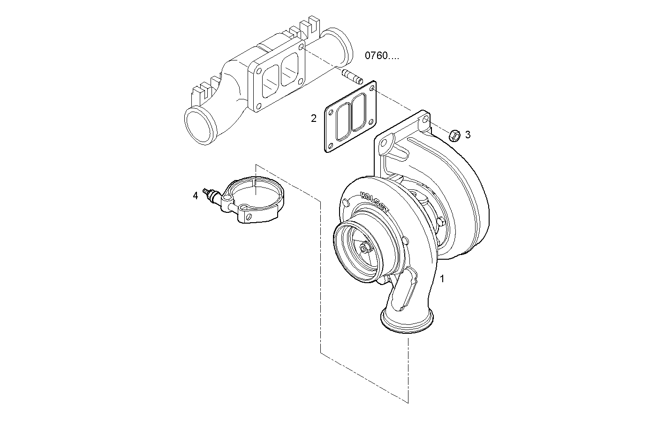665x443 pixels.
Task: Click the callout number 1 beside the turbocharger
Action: click(x=441, y=278)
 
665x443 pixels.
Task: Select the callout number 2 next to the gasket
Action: click(x=314, y=118)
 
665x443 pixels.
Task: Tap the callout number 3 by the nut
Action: click(x=468, y=135)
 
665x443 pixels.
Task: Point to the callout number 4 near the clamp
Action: click(x=196, y=195)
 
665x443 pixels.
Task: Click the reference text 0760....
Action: click(x=382, y=56)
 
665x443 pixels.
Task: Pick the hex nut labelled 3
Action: click(x=454, y=135)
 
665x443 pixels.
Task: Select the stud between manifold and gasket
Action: click(x=353, y=77)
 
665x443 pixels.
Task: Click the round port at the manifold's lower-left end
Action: click(x=200, y=126)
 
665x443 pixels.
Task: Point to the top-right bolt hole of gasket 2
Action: click(x=372, y=87)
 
